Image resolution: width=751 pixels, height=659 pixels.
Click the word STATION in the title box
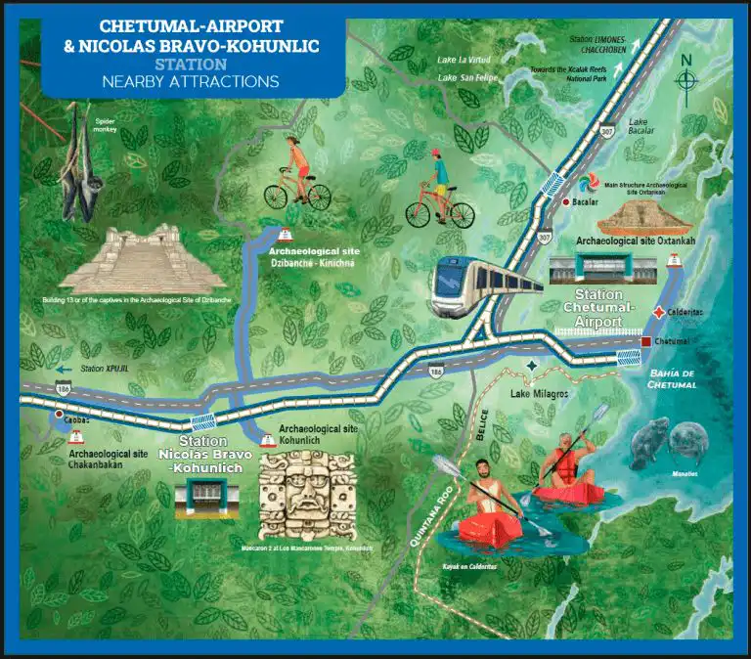[x=190, y=64]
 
